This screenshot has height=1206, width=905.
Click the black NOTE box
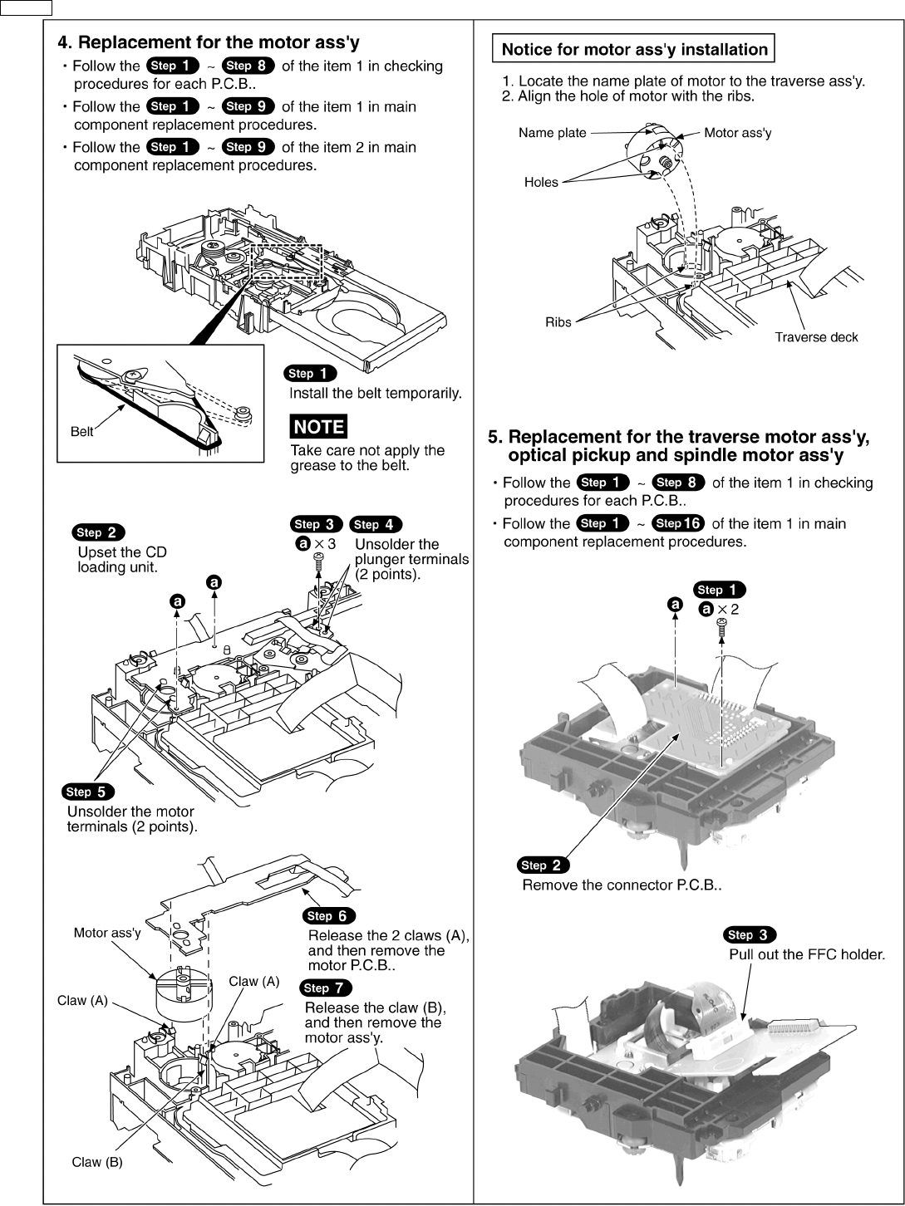click(318, 427)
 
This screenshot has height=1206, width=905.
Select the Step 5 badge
click(88, 792)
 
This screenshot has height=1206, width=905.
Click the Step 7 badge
click(325, 988)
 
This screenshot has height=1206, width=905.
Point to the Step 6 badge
click(329, 915)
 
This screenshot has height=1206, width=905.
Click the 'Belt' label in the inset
click(81, 432)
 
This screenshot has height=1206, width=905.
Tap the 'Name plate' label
click(552, 133)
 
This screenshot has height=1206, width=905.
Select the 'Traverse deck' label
click(815, 337)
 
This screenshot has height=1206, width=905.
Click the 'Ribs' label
click(558, 322)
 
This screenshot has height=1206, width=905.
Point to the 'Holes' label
click(541, 183)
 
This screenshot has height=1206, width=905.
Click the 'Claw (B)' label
click(96, 1162)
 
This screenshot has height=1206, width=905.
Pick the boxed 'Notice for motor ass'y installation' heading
click(634, 49)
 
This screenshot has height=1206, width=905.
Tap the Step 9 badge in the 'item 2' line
click(248, 147)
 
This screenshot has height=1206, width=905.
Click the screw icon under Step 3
click(319, 563)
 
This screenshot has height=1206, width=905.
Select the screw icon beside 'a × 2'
click(722, 625)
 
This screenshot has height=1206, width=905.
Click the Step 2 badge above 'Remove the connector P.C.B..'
click(543, 865)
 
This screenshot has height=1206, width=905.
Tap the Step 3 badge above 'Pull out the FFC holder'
click(750, 934)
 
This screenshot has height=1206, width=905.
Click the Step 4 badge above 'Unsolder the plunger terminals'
click(376, 524)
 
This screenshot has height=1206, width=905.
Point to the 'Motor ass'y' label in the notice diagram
click(737, 133)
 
